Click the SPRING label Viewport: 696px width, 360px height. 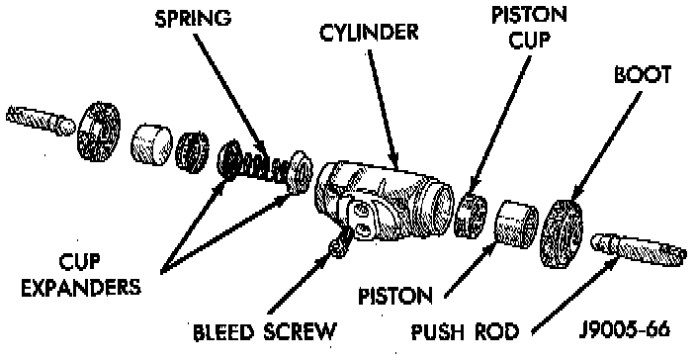(194, 19)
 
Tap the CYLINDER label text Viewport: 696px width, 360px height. (369, 33)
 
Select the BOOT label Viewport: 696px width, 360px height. (643, 75)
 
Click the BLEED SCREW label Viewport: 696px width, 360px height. (265, 331)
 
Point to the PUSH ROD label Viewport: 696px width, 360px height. (465, 331)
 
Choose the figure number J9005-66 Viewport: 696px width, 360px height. (625, 329)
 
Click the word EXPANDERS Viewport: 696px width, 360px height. (81, 287)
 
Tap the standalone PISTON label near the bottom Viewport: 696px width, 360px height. (395, 296)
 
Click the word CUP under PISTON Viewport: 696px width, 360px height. (529, 41)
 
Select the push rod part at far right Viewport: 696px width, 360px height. (638, 250)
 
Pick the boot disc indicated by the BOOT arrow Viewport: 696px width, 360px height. (562, 234)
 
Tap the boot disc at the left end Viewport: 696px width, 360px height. (99, 131)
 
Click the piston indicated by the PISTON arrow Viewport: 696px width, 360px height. (516, 224)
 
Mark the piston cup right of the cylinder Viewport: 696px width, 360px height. (471, 215)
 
